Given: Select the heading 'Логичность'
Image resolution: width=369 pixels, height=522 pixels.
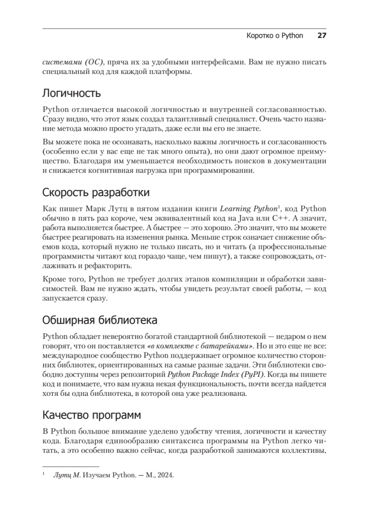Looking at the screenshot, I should coord(71,93).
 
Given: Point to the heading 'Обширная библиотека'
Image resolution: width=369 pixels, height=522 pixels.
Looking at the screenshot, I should coord(100,320).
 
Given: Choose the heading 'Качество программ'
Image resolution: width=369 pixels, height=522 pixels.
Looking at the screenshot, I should coord(91,415).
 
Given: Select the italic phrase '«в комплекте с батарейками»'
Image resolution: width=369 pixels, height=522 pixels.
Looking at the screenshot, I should coord(200,346).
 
